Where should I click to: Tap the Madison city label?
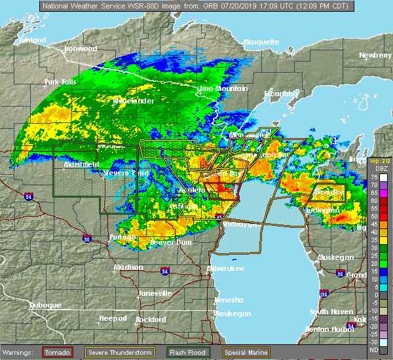pos(128,267)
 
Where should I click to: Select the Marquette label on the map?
pos(261,43)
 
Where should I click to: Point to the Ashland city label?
pos(14,41)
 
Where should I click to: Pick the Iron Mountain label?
pos(223,89)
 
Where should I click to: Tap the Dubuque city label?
pos(45,306)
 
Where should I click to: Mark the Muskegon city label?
pos(335,257)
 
